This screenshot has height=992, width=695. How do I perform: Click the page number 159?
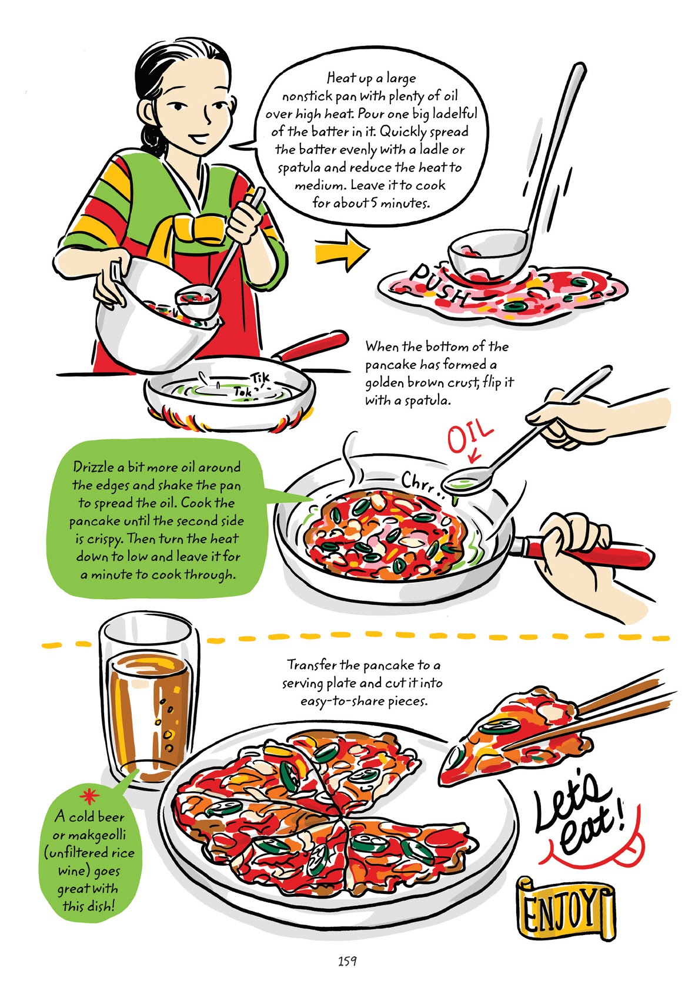347,961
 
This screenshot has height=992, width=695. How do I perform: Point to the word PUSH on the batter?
440,285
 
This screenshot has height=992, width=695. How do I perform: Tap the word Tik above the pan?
258,377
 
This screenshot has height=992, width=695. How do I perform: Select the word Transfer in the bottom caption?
312,665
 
